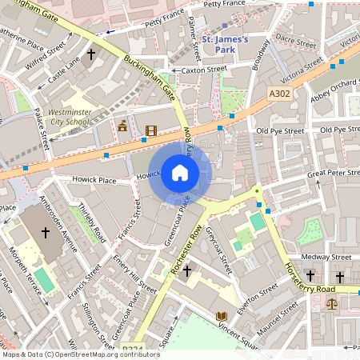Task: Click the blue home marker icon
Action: [x=180, y=173]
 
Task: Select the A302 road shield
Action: [x=279, y=94]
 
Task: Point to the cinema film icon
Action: [x=150, y=130]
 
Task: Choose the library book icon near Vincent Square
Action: [x=222, y=316]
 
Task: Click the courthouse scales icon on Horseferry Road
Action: [x=332, y=303]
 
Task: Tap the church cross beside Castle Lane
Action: [x=91, y=54]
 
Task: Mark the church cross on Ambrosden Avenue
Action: [x=46, y=233]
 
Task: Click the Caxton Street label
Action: [x=205, y=70]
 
